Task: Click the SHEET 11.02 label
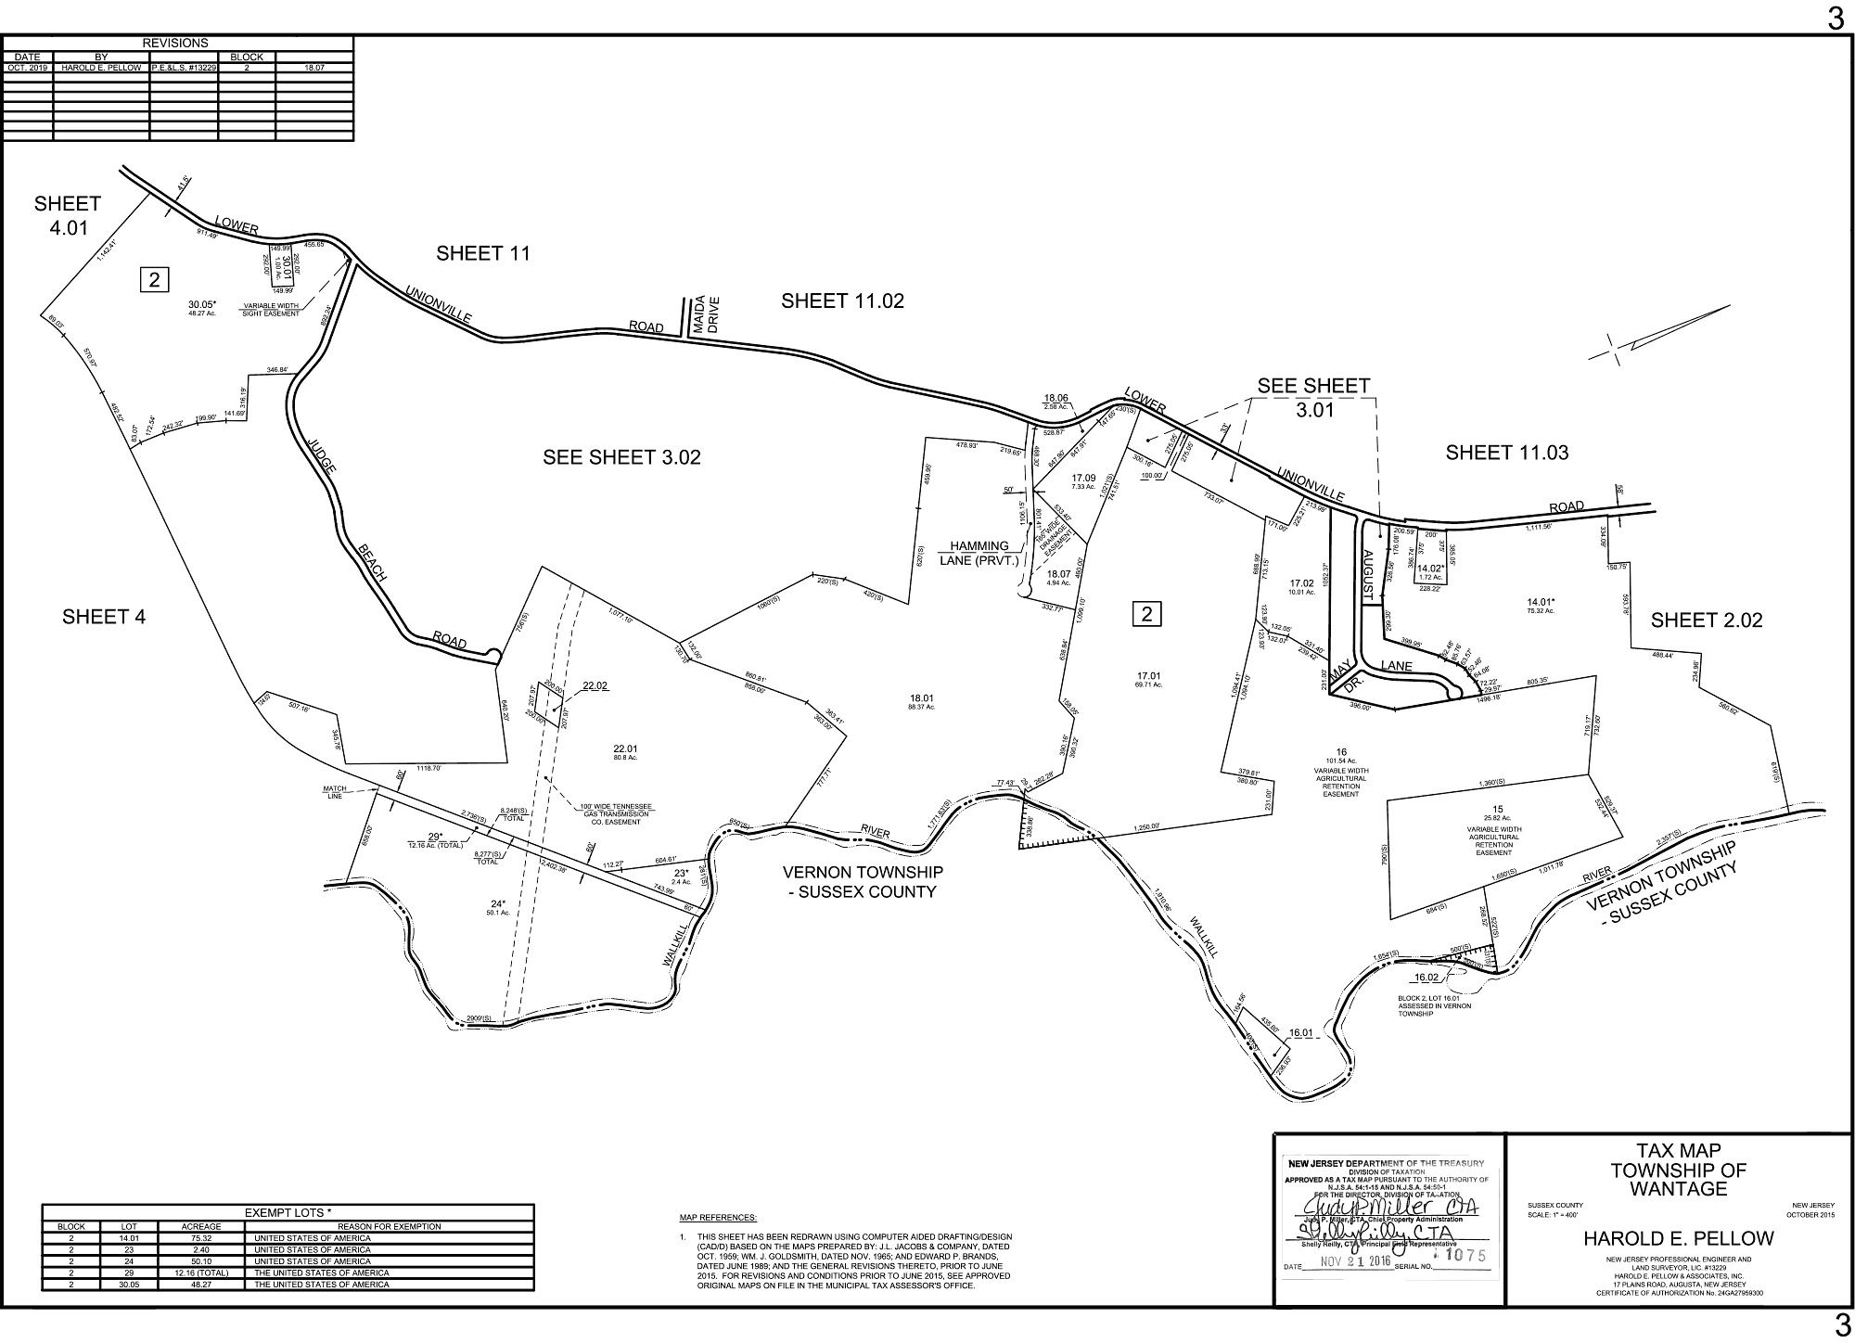(x=842, y=301)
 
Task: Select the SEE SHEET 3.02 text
(x=621, y=457)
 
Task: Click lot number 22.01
(x=625, y=748)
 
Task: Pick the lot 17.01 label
(x=1148, y=675)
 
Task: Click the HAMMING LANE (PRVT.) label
(x=984, y=554)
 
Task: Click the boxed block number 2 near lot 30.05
(x=154, y=278)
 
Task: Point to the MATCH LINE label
(x=335, y=792)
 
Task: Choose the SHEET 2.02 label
(x=1707, y=620)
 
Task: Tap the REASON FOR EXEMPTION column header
(x=388, y=1227)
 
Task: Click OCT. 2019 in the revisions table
(x=28, y=68)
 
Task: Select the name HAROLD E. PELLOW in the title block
(x=1678, y=1238)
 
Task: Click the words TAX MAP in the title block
(x=1678, y=1151)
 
